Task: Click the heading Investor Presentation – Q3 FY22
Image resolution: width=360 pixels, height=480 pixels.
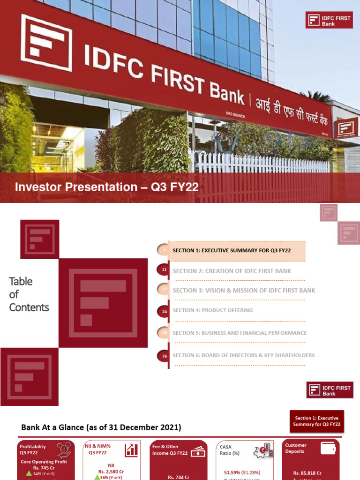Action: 107,187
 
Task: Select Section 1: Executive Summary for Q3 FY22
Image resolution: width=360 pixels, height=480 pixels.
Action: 232,250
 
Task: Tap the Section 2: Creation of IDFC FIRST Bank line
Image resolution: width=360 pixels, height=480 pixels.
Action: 232,271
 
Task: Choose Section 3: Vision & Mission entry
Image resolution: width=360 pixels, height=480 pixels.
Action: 244,291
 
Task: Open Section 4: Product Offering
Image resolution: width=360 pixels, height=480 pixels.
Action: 213,310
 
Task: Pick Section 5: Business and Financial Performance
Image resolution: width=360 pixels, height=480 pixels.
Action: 240,333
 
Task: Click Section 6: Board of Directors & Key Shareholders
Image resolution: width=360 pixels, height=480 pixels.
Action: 244,355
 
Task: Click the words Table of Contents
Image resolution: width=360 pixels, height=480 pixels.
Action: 29,294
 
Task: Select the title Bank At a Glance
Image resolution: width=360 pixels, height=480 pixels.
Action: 101,427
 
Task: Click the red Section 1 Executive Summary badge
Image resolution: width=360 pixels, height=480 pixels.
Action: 317,421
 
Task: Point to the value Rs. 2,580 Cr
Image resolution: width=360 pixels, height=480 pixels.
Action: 111,472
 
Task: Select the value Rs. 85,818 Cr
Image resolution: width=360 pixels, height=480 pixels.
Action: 307,473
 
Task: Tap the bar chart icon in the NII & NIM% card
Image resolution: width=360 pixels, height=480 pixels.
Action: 131,450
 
